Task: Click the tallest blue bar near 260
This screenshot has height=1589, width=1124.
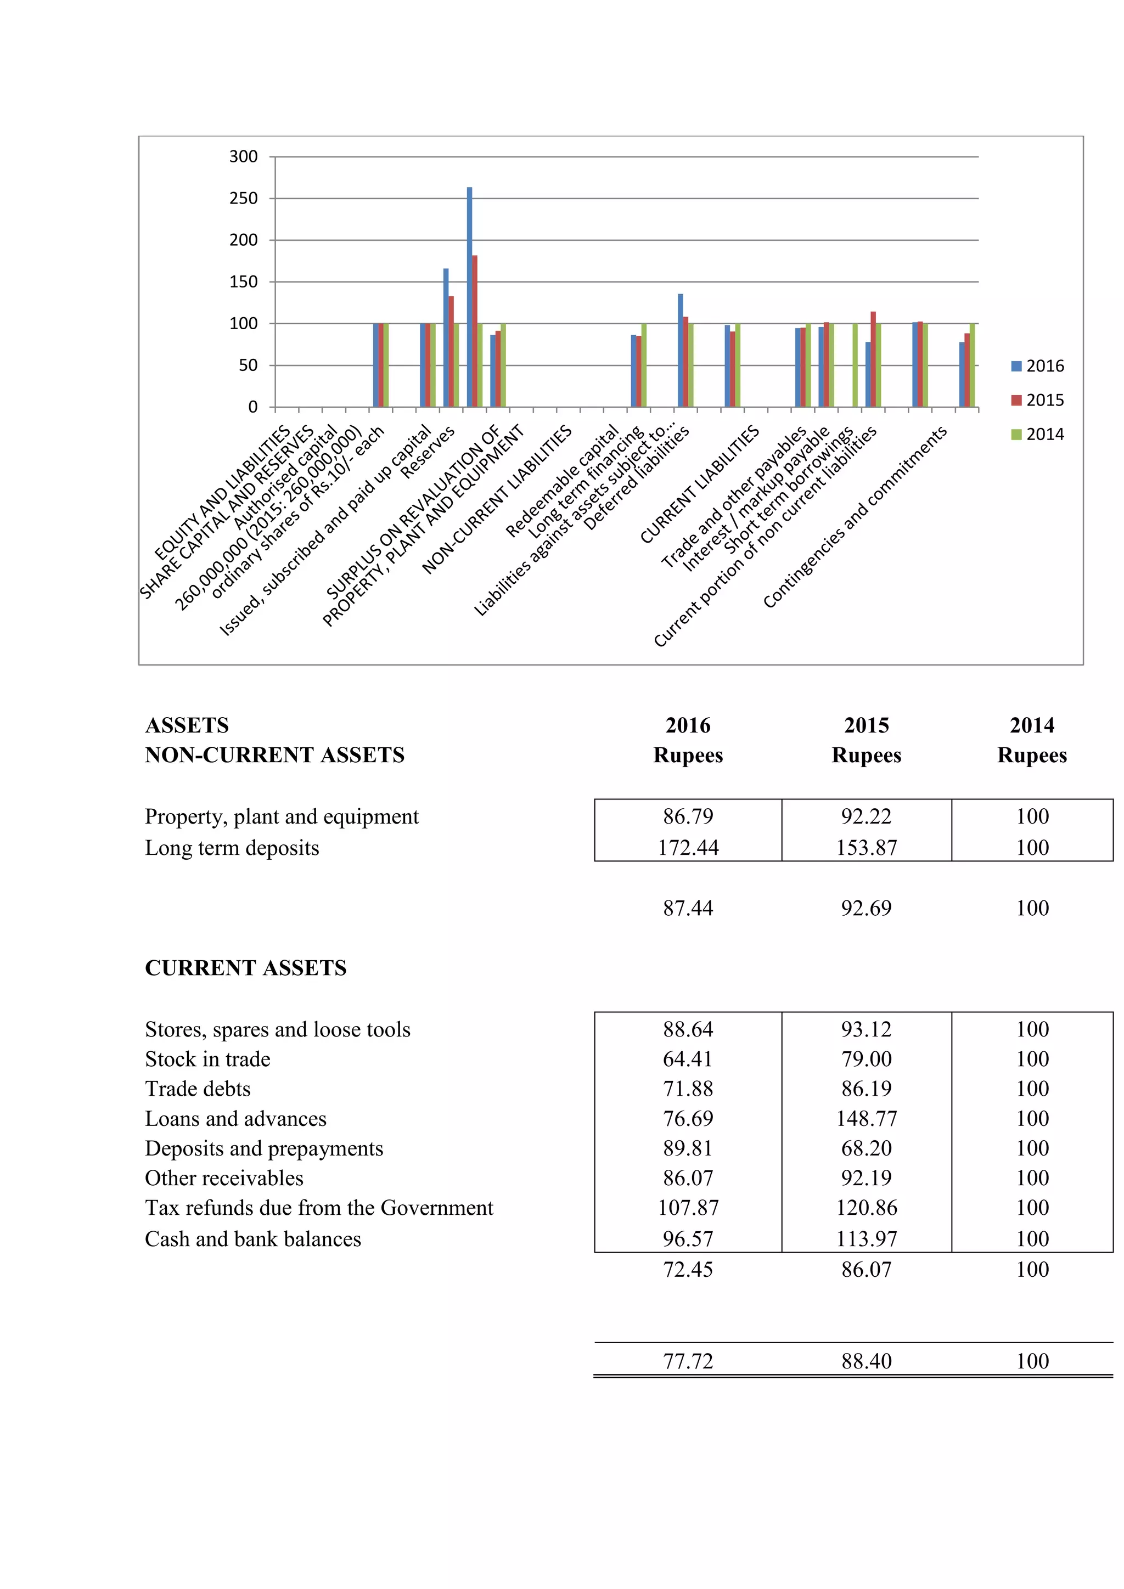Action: [x=469, y=297]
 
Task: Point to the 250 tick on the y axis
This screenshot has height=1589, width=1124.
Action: [x=243, y=199]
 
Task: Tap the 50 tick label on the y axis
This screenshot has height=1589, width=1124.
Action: [x=248, y=365]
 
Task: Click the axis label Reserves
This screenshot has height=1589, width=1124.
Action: [x=428, y=453]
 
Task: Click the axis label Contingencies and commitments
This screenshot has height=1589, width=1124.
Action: [x=855, y=517]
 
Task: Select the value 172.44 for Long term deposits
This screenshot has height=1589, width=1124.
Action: [x=688, y=848]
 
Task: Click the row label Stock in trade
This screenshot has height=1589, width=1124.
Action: [x=207, y=1060]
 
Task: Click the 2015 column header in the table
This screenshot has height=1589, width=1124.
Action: [x=867, y=725]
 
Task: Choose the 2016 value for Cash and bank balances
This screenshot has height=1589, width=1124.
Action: [x=688, y=1239]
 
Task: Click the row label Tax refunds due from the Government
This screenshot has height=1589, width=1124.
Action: [x=319, y=1208]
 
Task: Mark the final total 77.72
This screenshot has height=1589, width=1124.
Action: [x=688, y=1361]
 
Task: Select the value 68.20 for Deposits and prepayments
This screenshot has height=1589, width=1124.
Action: [x=867, y=1149]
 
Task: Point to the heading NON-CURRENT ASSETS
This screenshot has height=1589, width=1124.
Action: [x=275, y=755]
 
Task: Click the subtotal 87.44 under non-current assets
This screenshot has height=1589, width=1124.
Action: [x=688, y=908]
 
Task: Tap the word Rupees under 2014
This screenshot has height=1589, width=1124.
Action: [x=1032, y=755]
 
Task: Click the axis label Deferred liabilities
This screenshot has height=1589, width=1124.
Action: [x=637, y=477]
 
